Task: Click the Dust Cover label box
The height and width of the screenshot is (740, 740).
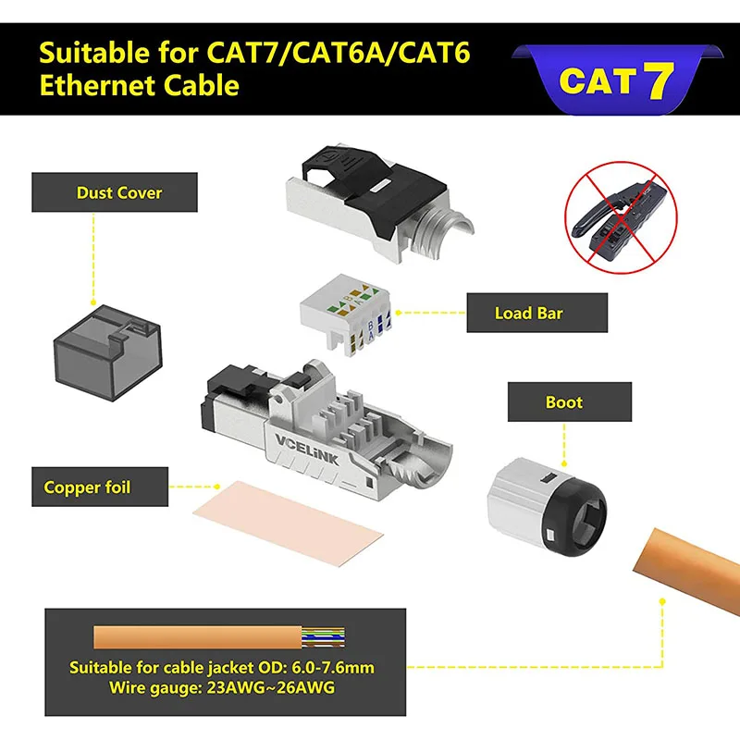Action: (118, 193)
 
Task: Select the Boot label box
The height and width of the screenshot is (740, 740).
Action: (563, 401)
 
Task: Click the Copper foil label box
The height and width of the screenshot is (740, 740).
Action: (88, 487)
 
